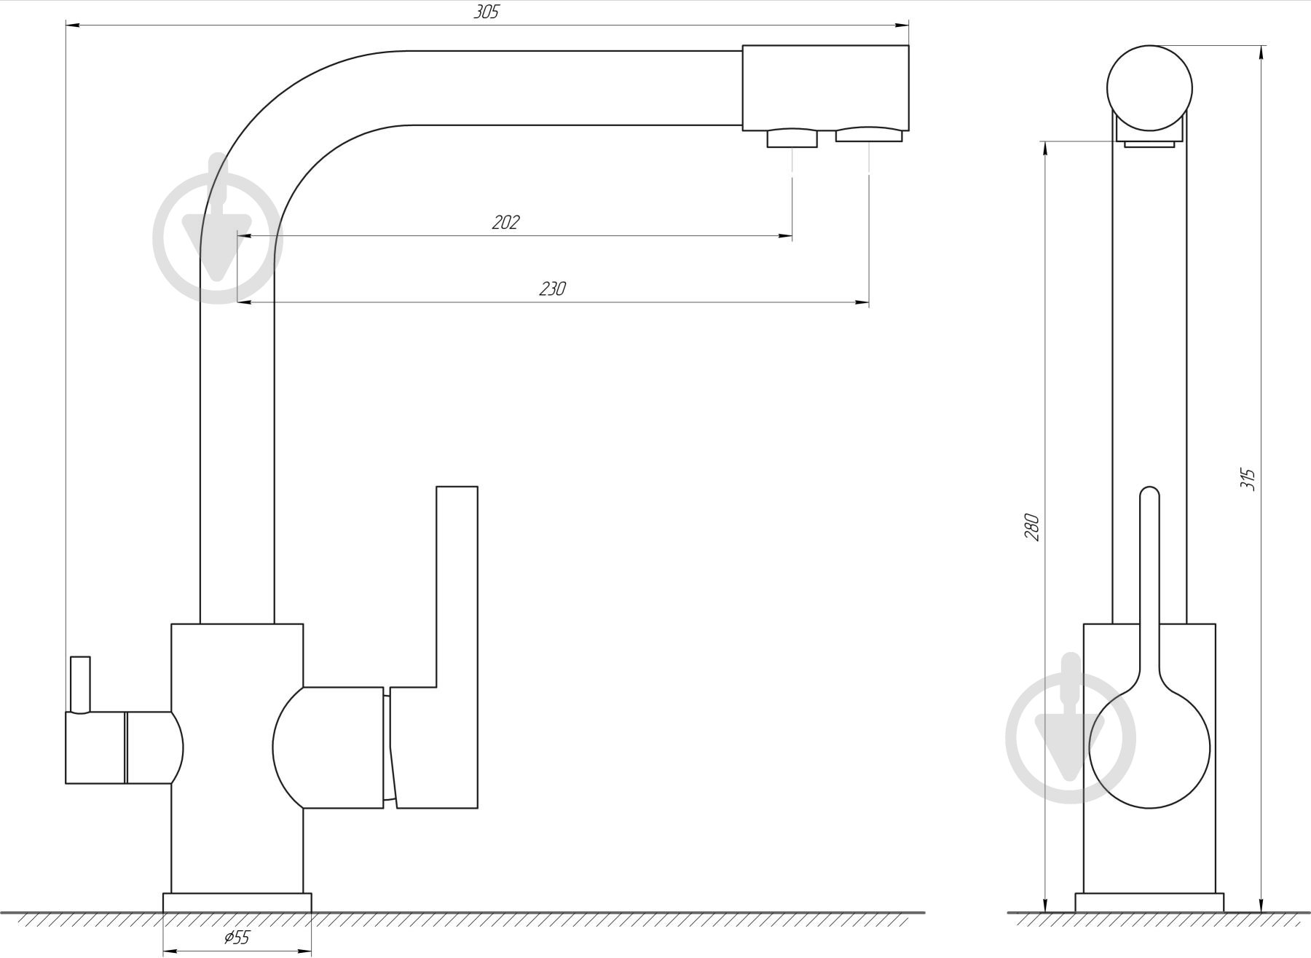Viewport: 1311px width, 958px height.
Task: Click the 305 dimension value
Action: [x=486, y=12]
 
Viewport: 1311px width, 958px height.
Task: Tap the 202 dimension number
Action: [x=505, y=222]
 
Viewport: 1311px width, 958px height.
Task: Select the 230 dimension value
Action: [x=552, y=288]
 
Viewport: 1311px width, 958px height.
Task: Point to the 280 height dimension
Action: [x=1032, y=527]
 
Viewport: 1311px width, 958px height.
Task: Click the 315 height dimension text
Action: [x=1248, y=479]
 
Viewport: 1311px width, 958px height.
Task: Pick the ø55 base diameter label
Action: [x=237, y=938]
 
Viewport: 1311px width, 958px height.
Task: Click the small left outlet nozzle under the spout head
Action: [x=792, y=138]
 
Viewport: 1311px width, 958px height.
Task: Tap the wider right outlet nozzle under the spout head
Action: [x=869, y=135]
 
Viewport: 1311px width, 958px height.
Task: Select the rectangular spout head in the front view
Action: [x=825, y=88]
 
